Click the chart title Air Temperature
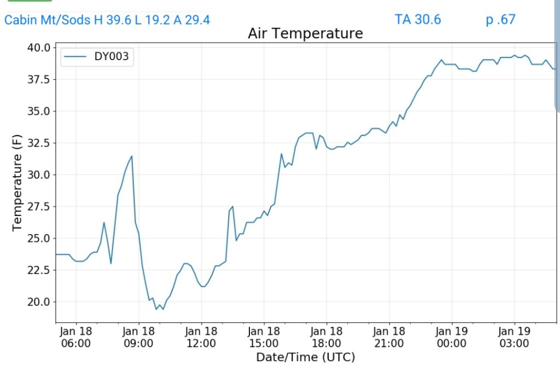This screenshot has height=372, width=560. click(x=305, y=33)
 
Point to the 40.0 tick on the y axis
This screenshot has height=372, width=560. click(x=39, y=48)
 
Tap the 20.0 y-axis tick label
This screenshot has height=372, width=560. click(x=39, y=301)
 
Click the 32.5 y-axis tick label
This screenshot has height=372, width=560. click(x=39, y=143)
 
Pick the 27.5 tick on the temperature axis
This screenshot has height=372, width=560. click(x=39, y=206)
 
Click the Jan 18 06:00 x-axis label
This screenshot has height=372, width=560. click(x=75, y=337)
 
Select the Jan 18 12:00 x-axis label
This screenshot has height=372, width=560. click(x=201, y=337)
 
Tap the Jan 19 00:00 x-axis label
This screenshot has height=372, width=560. click(x=452, y=337)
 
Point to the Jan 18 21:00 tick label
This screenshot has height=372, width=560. click(x=389, y=337)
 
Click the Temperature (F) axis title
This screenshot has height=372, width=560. click(x=17, y=185)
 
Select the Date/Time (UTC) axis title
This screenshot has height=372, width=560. click(x=306, y=357)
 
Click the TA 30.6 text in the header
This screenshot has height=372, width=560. click(x=417, y=20)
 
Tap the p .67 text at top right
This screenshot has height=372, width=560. click(x=500, y=20)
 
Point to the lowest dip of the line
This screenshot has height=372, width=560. click(x=156, y=310)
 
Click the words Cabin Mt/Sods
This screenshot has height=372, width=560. click(x=47, y=20)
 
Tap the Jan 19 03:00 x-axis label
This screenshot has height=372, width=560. click(x=515, y=337)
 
